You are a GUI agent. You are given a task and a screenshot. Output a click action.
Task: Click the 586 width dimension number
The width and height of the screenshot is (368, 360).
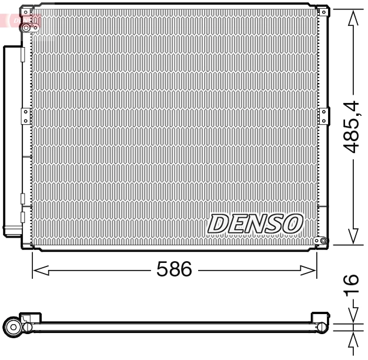coord(174,269)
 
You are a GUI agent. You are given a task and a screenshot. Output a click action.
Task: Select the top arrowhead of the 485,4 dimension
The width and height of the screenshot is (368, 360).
coord(352,18)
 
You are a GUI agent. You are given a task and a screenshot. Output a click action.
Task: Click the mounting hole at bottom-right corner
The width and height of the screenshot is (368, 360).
coord(316,241)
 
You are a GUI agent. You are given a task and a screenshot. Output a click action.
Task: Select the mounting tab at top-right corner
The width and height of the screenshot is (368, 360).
coord(322,11)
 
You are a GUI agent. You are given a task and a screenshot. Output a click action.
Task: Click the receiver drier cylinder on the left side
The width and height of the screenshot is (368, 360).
coord(11,141)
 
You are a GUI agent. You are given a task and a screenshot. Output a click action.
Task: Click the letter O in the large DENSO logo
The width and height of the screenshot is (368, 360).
coord(292,224)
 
